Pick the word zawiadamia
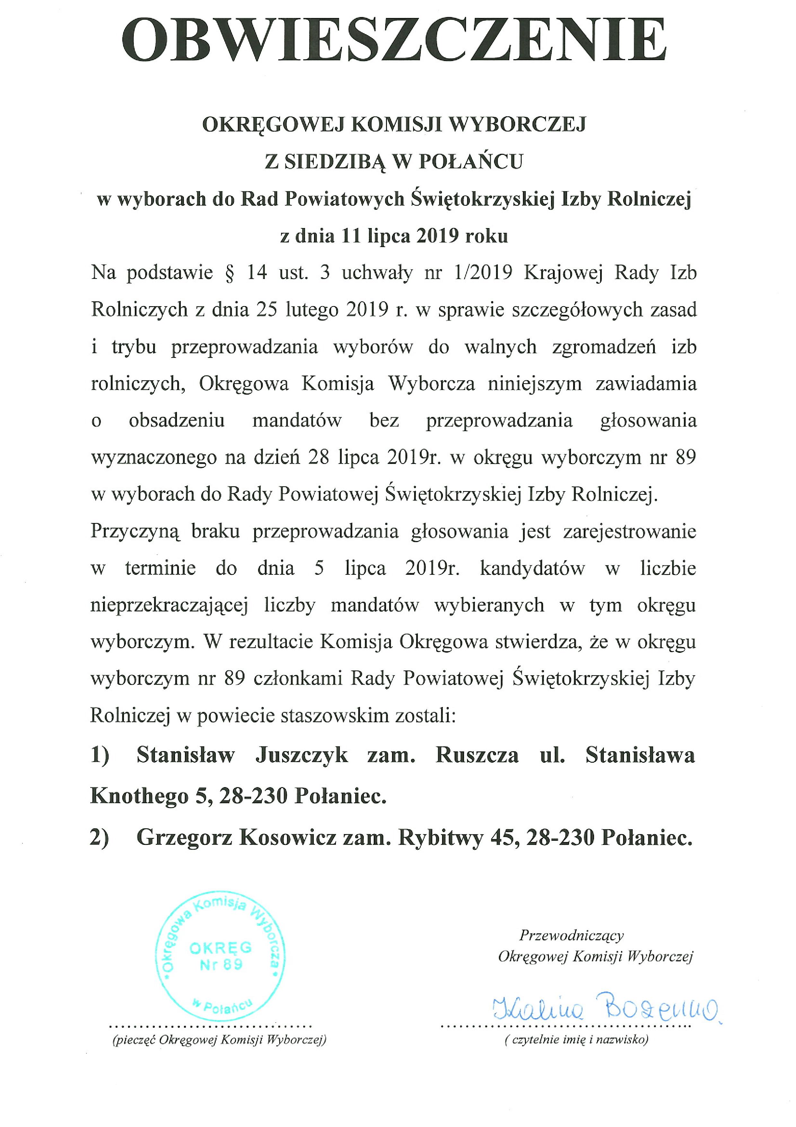click(646, 383)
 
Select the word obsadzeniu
click(177, 421)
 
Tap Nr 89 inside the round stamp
click(221, 964)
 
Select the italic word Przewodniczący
click(571, 936)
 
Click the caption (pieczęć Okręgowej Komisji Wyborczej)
click(219, 1039)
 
